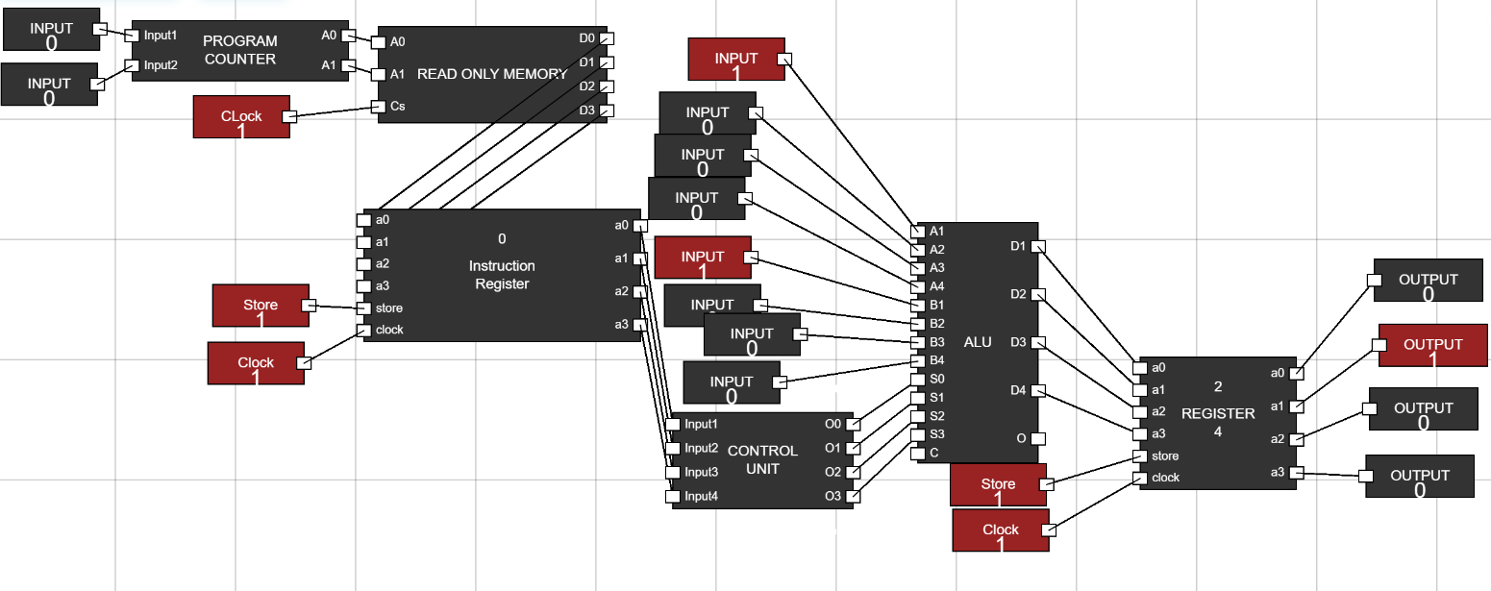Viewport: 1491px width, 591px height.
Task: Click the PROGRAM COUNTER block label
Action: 239,50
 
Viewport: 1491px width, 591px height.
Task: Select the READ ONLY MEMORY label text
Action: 491,74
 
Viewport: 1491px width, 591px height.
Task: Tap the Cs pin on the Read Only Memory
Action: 379,107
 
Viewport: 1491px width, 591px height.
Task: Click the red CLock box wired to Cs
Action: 241,117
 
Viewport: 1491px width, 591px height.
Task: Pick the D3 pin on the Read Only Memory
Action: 606,111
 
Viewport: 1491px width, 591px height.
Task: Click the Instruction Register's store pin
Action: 363,308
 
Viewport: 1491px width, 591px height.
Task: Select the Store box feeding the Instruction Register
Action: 261,306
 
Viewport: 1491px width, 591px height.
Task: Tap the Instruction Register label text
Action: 502,274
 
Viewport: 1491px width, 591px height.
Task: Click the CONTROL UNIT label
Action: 762,459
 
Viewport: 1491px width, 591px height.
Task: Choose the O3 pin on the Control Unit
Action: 852,496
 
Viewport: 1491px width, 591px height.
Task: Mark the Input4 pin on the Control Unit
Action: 673,496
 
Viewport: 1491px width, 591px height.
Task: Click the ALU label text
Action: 977,342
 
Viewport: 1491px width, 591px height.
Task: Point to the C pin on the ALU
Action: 918,453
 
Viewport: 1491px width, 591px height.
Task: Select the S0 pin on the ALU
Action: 918,379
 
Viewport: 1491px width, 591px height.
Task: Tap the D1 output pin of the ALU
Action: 1037,247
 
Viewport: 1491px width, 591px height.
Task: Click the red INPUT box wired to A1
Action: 736,59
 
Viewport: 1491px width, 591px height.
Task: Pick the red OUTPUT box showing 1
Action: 1432,345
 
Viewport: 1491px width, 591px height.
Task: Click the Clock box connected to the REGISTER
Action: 1000,530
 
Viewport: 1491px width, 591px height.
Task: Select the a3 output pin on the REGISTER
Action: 1296,472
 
